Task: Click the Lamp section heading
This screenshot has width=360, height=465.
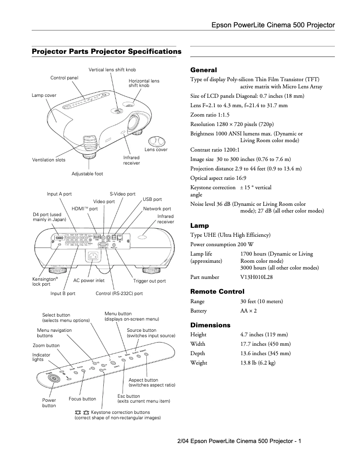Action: [x=200, y=226]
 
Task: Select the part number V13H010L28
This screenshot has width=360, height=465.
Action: [x=256, y=277]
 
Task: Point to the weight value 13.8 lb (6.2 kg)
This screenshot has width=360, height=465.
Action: [x=258, y=362]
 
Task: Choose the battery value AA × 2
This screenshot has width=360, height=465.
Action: [x=249, y=311]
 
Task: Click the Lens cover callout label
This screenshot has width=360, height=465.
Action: [x=156, y=149]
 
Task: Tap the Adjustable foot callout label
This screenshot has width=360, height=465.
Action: [x=87, y=174]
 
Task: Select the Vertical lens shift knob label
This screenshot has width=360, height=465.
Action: [x=112, y=70]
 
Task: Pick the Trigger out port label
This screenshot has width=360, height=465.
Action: [x=149, y=281]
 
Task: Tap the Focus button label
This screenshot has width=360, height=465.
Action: [x=82, y=399]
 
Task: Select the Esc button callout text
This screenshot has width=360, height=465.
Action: [x=129, y=396]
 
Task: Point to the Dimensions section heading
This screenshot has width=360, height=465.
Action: [x=210, y=325]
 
